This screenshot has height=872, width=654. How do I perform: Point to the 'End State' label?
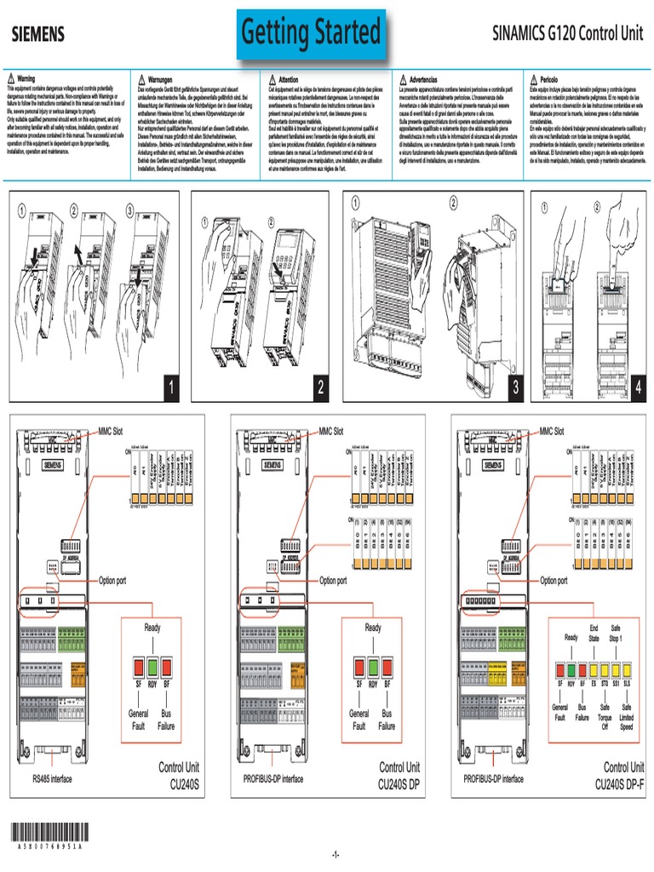594,633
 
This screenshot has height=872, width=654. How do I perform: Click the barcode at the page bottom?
49,833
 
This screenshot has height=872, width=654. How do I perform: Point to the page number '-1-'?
335,854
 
